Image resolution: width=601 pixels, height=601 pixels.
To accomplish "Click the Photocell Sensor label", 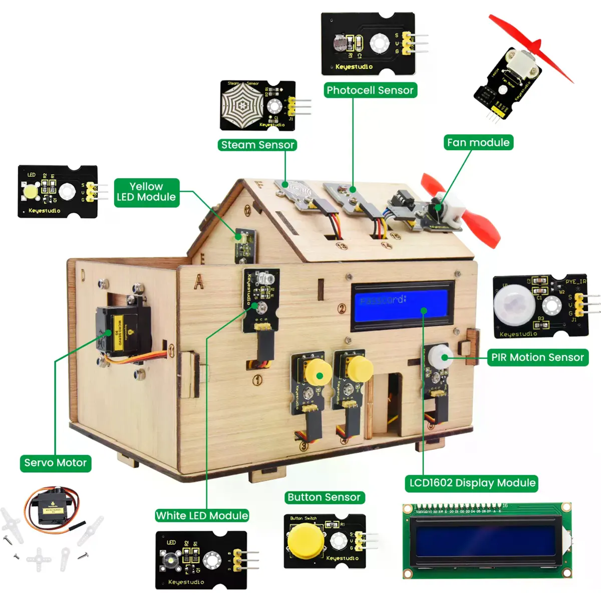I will (x=370, y=90).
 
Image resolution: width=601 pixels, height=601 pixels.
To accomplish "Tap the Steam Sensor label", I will (x=257, y=145).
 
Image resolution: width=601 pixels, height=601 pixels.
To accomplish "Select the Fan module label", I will (x=478, y=142).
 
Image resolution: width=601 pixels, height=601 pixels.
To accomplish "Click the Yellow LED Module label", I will (x=146, y=192).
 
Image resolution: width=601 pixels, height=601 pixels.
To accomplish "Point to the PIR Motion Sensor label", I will (x=537, y=357).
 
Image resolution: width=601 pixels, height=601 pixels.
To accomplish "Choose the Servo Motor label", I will (x=55, y=463).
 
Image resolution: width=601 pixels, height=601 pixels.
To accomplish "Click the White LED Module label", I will (x=202, y=515).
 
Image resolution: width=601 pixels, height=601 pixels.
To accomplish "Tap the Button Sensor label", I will (x=324, y=497).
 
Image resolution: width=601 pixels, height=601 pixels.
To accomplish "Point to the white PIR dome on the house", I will (x=439, y=356).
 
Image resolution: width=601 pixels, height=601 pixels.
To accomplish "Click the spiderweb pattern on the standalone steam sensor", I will (x=242, y=104).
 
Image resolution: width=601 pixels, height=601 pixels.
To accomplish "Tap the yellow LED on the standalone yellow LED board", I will (x=31, y=191).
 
